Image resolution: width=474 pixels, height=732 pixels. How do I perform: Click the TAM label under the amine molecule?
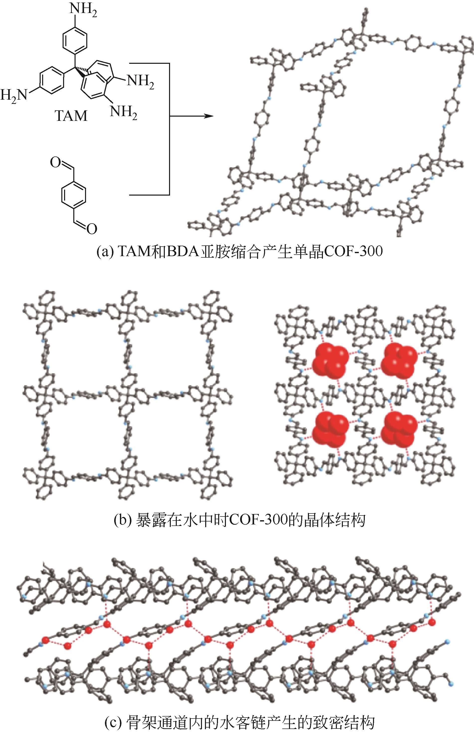tap(71, 116)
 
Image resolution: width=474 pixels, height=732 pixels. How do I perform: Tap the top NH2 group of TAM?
tap(83, 9)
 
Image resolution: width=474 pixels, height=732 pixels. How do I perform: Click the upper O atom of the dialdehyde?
tap(55, 162)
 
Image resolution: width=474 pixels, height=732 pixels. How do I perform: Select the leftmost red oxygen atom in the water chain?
tap(46, 640)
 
